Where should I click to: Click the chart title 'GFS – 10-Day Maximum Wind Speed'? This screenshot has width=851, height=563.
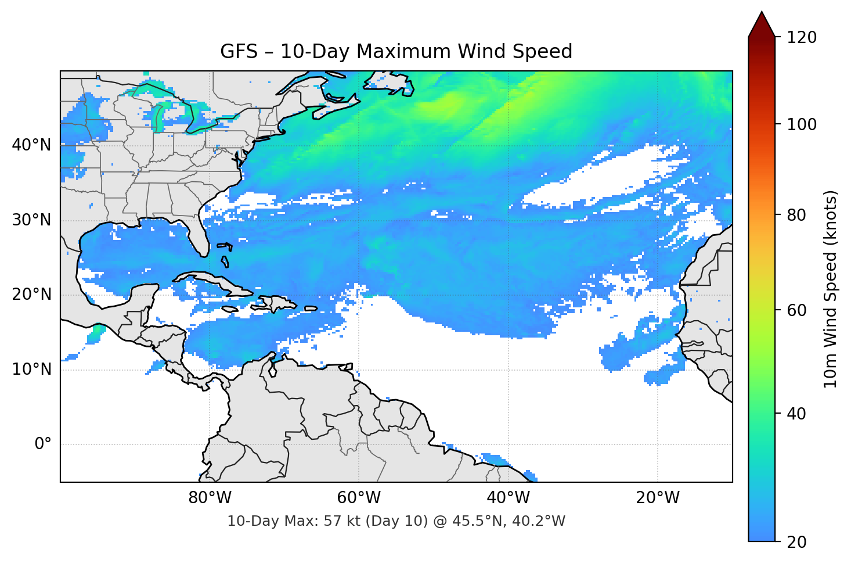pyautogui.click(x=396, y=52)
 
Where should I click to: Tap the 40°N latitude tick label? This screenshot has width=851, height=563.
pyautogui.click(x=31, y=145)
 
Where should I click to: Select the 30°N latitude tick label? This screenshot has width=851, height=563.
pyautogui.click(x=31, y=220)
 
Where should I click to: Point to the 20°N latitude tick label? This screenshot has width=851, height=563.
pyautogui.click(x=31, y=295)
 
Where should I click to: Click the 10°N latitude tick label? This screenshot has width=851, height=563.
pyautogui.click(x=31, y=370)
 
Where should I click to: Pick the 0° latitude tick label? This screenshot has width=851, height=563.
pyautogui.click(x=42, y=444)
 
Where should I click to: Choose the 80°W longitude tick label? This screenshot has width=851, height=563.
pyautogui.click(x=210, y=498)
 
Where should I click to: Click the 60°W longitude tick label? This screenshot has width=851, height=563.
pyautogui.click(x=359, y=498)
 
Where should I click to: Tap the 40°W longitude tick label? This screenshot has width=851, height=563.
pyautogui.click(x=509, y=498)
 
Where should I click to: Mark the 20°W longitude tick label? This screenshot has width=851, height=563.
pyautogui.click(x=658, y=498)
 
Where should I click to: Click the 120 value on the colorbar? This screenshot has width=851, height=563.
pyautogui.click(x=802, y=38)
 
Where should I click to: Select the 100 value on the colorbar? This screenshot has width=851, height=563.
pyautogui.click(x=802, y=124)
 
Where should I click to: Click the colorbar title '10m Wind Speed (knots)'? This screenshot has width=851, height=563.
pyautogui.click(x=831, y=289)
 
